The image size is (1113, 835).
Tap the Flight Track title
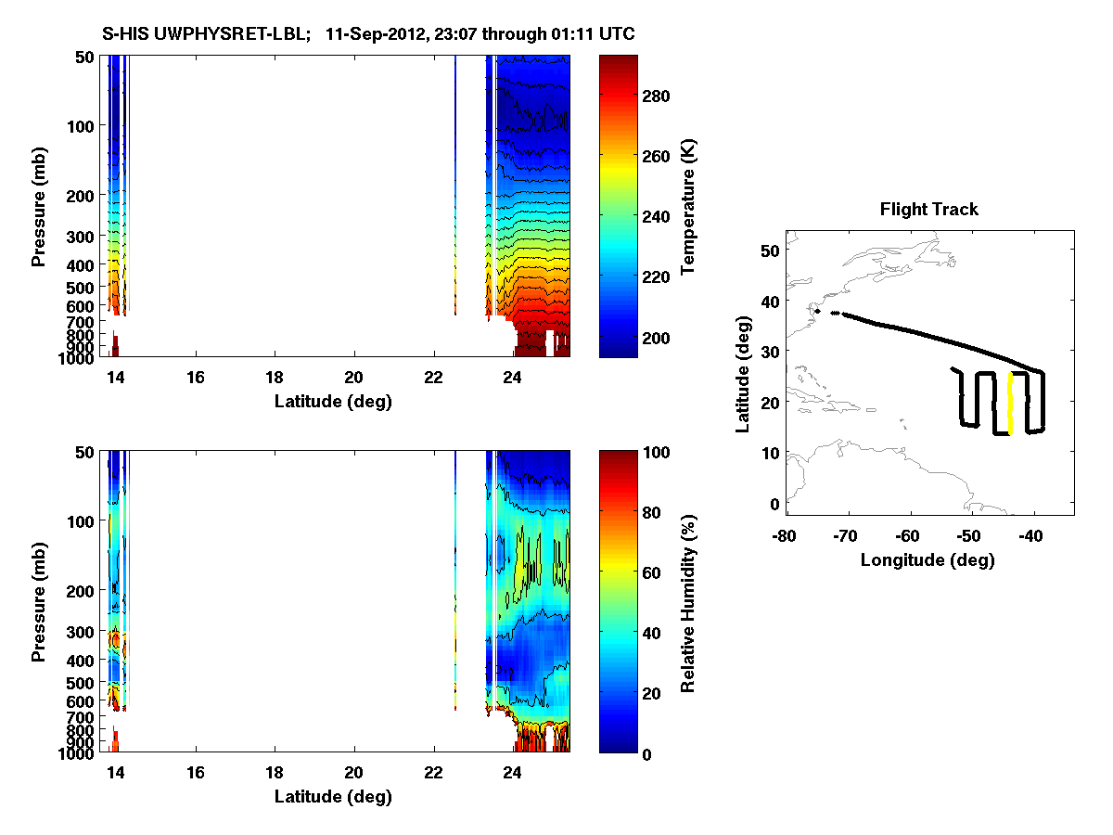point(928,210)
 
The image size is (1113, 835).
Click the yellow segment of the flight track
point(1010,404)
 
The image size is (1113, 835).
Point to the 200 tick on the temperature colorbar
point(657,337)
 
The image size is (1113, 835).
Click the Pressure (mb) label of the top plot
point(39,206)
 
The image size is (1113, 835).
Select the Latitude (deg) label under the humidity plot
point(333,797)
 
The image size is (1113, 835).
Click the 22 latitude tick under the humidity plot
point(433,773)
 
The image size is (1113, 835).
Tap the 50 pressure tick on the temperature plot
point(83,57)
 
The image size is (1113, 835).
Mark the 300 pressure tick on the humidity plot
point(79,632)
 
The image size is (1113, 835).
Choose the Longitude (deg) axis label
point(927,559)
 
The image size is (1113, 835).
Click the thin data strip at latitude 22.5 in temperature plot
point(455,186)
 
